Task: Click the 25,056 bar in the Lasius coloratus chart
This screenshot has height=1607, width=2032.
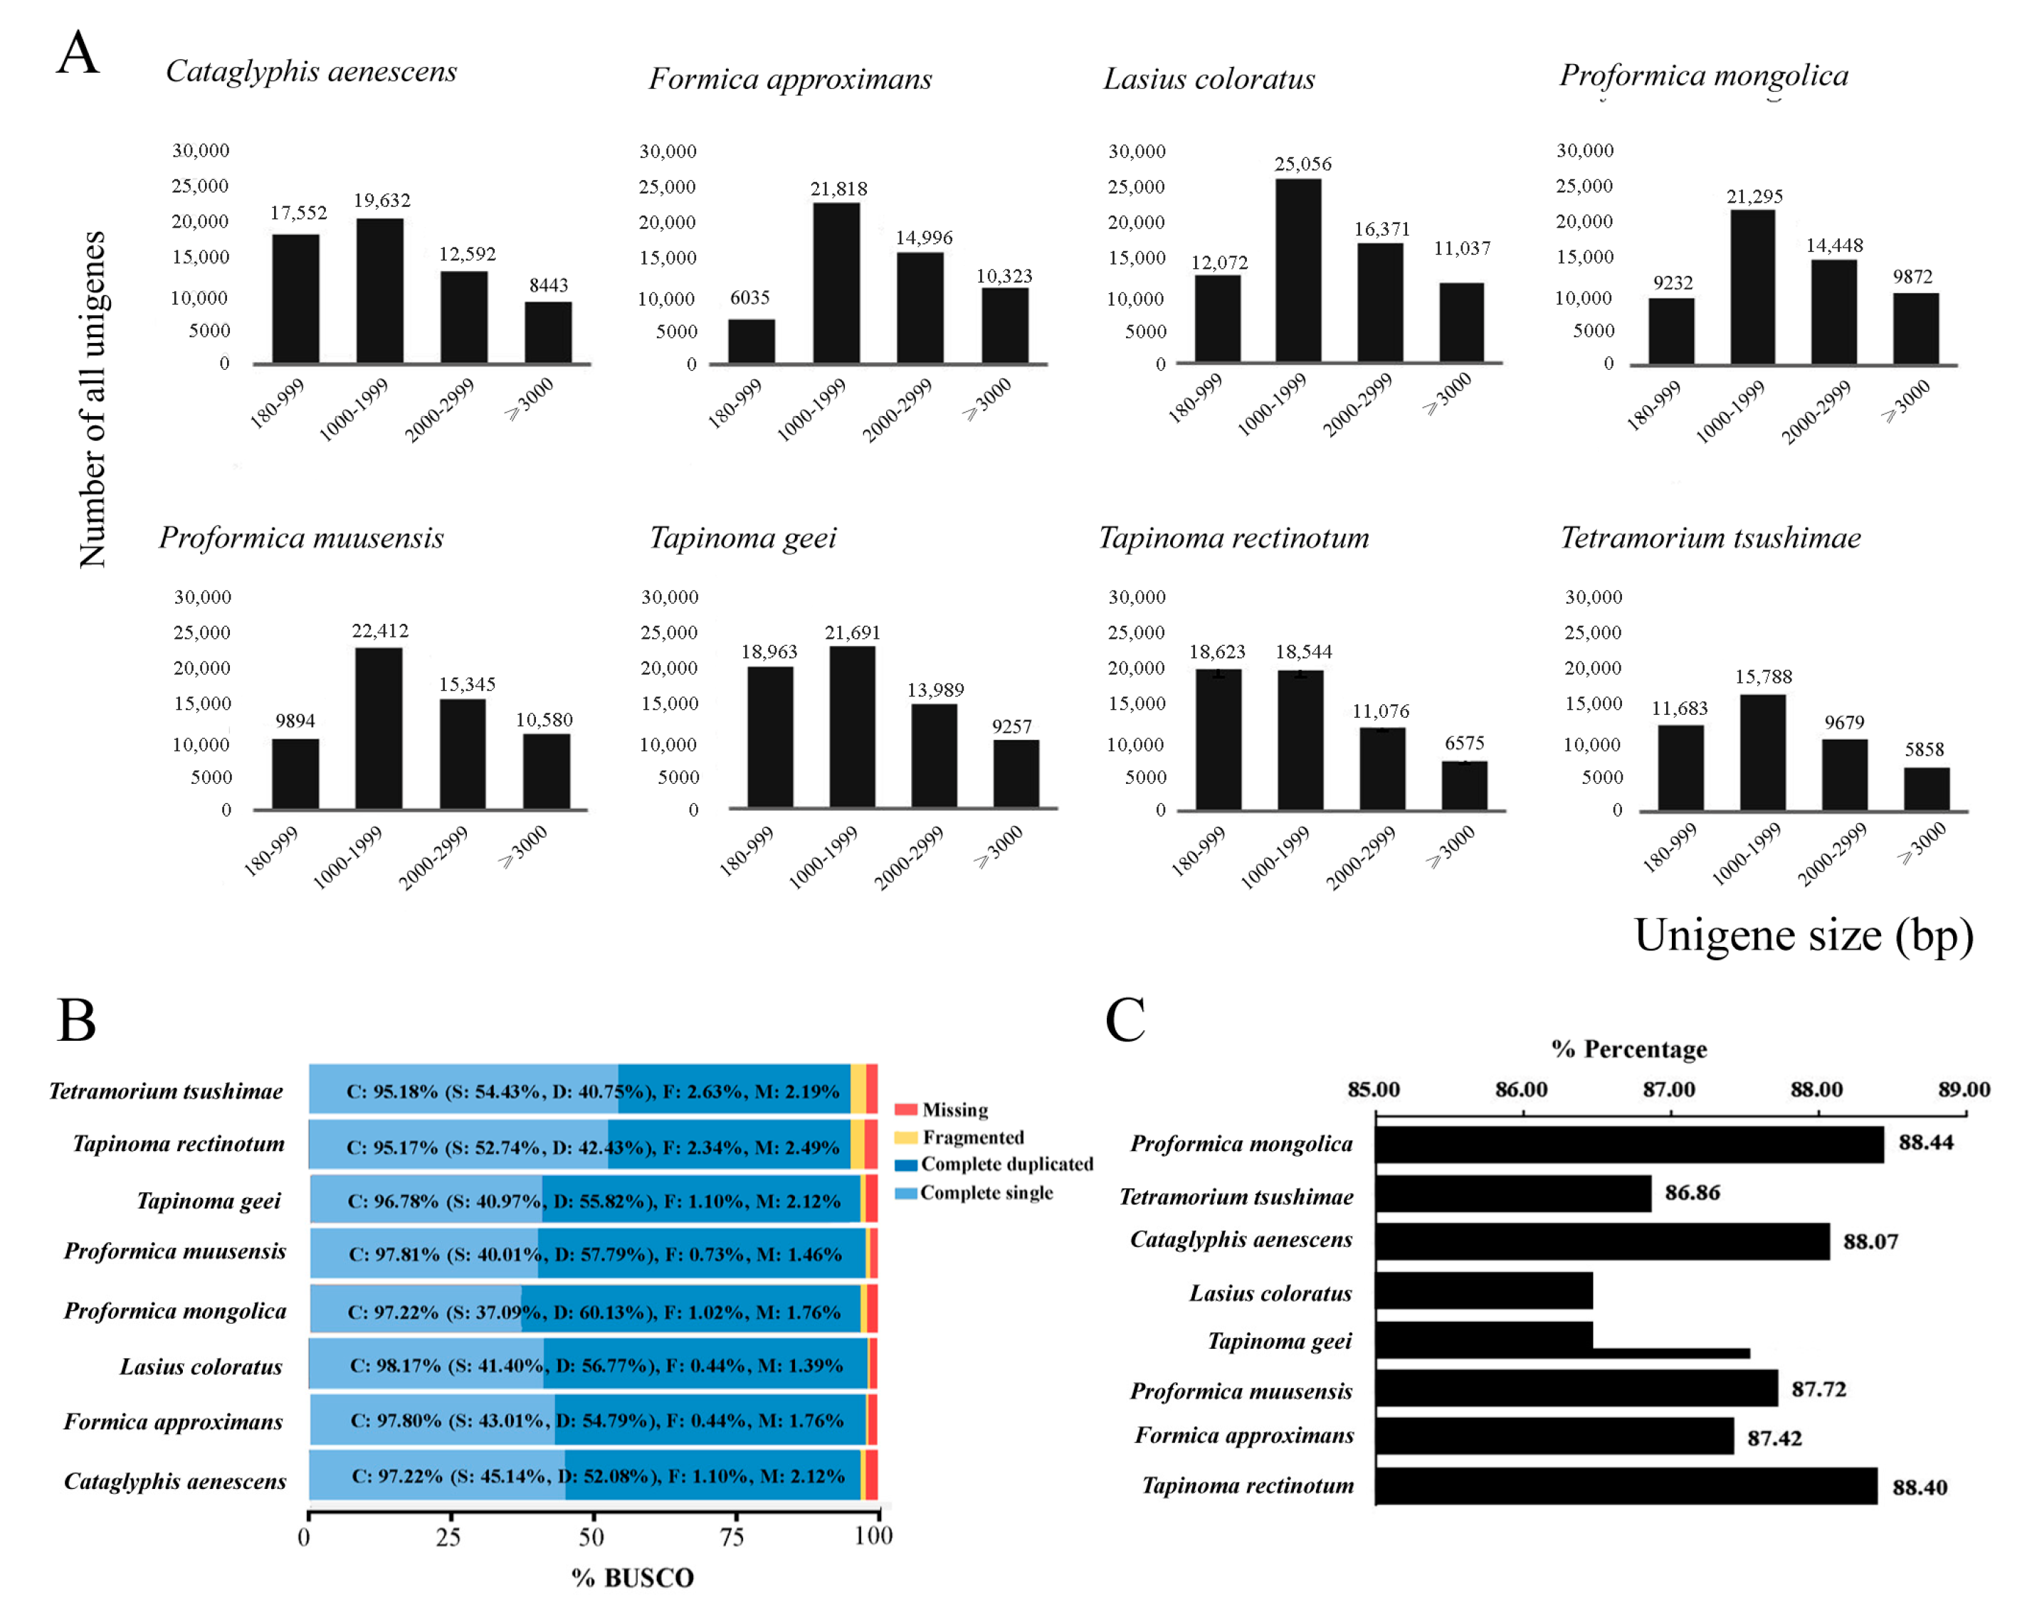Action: [1298, 270]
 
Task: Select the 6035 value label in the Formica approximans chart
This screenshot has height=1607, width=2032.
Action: [750, 298]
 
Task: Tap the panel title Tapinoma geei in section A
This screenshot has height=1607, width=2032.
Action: [742, 539]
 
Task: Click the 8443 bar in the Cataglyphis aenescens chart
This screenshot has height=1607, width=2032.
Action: [548, 332]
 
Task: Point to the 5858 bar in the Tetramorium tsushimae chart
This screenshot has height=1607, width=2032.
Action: [1926, 788]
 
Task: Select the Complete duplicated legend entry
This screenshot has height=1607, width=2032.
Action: [1005, 1165]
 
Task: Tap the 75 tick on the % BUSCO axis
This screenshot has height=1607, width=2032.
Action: [732, 1537]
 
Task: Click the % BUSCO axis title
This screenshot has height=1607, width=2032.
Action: [633, 1578]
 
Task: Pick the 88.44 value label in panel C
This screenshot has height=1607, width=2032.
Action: [1926, 1142]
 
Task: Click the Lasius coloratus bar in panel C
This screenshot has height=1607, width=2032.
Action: [1483, 1291]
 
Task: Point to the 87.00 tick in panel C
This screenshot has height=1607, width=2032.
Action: [1669, 1090]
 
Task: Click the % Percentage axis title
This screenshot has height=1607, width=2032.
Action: [1628, 1049]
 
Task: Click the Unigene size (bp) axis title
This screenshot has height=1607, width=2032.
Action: [1802, 935]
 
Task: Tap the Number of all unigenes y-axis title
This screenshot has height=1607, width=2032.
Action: [93, 400]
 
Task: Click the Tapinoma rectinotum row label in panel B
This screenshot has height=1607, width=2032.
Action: [179, 1144]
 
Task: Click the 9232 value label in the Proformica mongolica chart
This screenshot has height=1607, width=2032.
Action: [1673, 283]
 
